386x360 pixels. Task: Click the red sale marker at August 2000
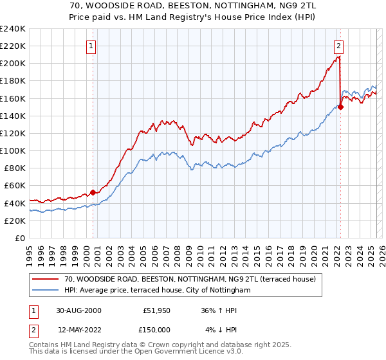(93, 192)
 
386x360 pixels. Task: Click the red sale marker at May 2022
(340, 107)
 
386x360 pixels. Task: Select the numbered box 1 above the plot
(92, 46)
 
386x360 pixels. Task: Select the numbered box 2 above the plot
(338, 46)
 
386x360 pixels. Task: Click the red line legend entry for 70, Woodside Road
(190, 280)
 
